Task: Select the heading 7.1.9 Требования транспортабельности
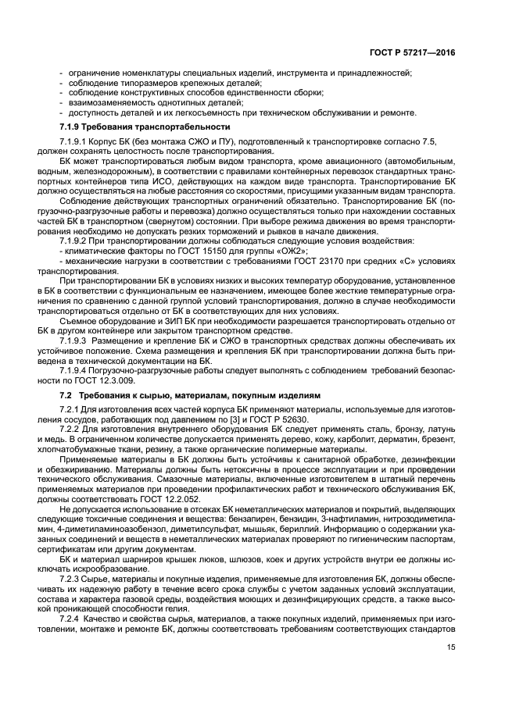click(x=145, y=127)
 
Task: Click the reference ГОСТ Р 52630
click(x=284, y=419)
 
